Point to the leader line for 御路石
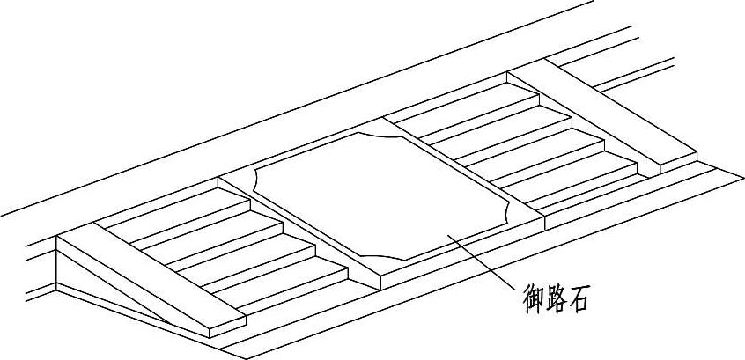(480, 261)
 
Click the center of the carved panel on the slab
(383, 194)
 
